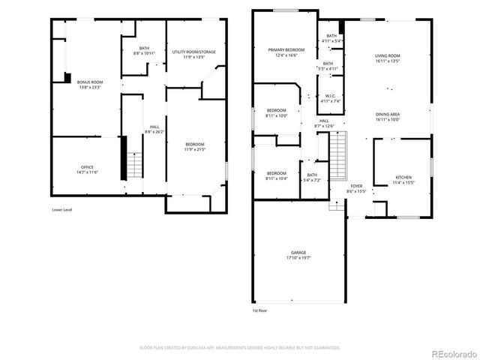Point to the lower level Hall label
pyautogui.click(x=154, y=129)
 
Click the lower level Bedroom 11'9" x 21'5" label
pyautogui.click(x=194, y=146)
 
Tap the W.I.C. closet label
pyautogui.click(x=331, y=98)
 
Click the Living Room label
pyautogui.click(x=388, y=58)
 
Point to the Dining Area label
pyautogui.click(x=388, y=116)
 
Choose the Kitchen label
pyautogui.click(x=403, y=180)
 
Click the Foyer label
pyautogui.click(x=355, y=188)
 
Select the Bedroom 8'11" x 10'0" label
pyautogui.click(x=276, y=113)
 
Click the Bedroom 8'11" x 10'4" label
pyautogui.click(x=276, y=176)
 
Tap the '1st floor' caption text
pyautogui.click(x=259, y=310)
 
